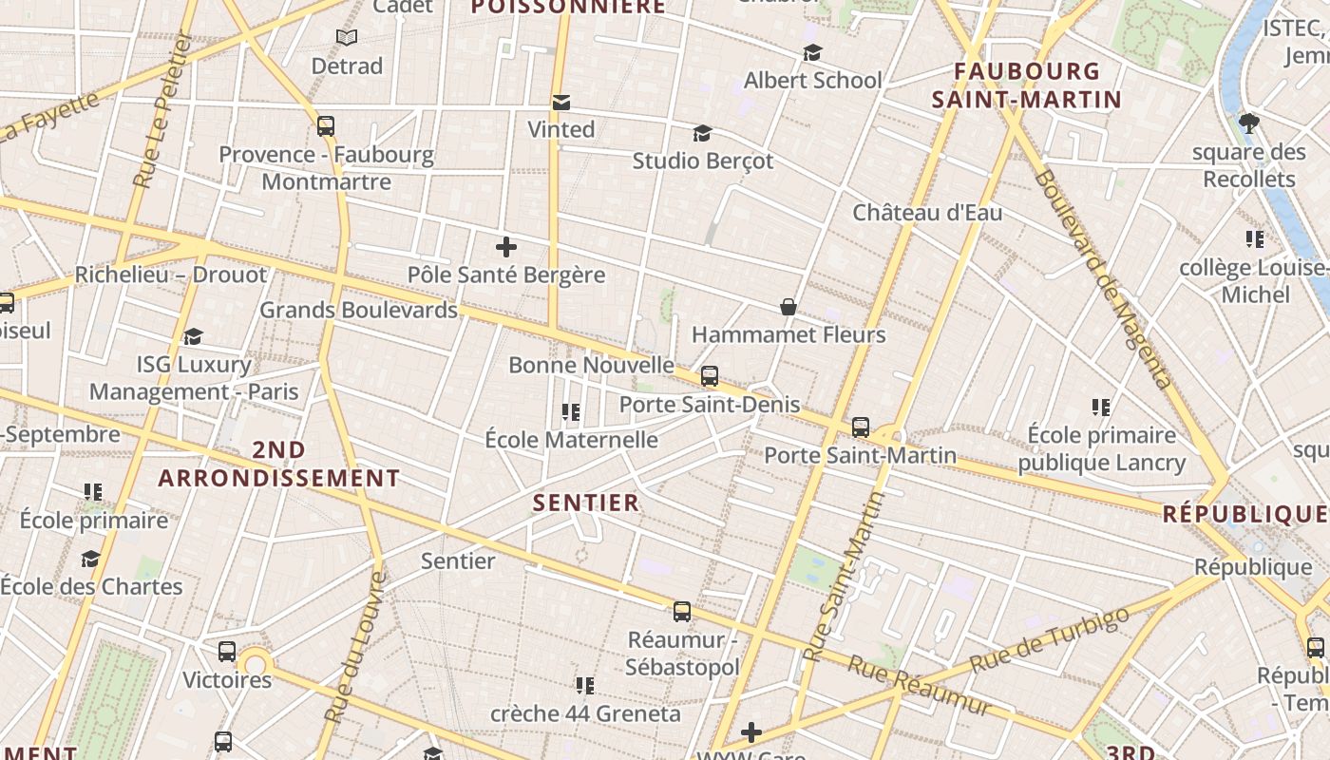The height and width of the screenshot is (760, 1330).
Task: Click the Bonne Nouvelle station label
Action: [x=591, y=365]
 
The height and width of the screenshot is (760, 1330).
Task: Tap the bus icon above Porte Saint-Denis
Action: [x=710, y=376]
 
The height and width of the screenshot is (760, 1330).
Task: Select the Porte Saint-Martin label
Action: [x=860, y=455]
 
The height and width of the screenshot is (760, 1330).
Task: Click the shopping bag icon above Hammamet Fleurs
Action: [x=788, y=306]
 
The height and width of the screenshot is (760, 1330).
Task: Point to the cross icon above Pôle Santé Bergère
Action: [x=506, y=247]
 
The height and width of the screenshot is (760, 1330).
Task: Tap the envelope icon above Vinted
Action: [x=561, y=102]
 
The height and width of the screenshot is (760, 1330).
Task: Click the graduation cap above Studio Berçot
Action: [x=702, y=133]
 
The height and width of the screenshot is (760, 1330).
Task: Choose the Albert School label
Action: [x=812, y=80]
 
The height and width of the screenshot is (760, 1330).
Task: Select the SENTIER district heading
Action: [x=586, y=503]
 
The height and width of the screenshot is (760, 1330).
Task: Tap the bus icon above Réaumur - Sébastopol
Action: [x=682, y=611]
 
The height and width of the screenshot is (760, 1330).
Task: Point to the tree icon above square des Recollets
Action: [x=1249, y=123]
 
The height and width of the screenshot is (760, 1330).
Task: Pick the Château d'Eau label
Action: [x=927, y=212]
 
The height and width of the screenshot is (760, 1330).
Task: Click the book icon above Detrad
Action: [x=347, y=38]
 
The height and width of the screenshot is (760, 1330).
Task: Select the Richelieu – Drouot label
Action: [x=171, y=275]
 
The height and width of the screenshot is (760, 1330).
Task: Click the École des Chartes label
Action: [x=91, y=585]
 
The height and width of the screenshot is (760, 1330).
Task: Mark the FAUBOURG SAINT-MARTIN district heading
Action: [x=1027, y=85]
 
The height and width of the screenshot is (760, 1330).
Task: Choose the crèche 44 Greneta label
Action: [x=585, y=712]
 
